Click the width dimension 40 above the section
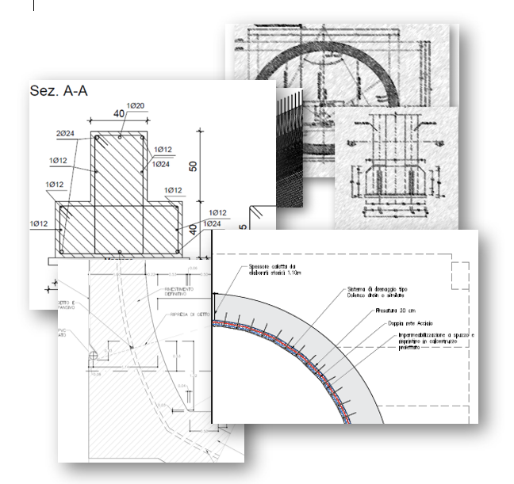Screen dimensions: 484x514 pyautogui.click(x=118, y=114)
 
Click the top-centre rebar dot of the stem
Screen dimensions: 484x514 pyautogui.click(x=119, y=138)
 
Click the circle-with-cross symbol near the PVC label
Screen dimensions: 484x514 pyautogui.click(x=93, y=356)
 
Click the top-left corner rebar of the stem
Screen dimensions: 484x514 pyautogui.click(x=97, y=139)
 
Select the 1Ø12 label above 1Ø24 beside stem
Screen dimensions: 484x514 pyautogui.click(x=163, y=149)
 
